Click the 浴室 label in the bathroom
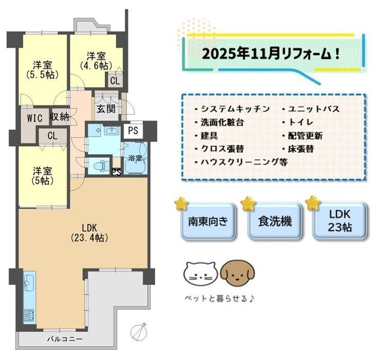coord(135,158)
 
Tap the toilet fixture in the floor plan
coord(101,166)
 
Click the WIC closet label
coord(35,118)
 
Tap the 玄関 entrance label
coord(106,109)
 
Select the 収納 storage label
coord(59,117)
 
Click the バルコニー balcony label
coord(64,339)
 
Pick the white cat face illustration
coord(201,273)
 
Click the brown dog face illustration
coord(237,273)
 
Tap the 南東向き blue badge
coord(208,221)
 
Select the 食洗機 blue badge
coord(275,221)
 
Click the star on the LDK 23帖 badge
coord(313,203)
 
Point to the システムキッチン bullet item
coord(232,109)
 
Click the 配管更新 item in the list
coord(302,136)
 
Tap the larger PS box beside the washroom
coord(133,130)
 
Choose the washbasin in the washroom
coord(111,130)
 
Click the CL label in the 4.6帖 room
coord(115,81)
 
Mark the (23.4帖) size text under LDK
coord(89,238)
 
